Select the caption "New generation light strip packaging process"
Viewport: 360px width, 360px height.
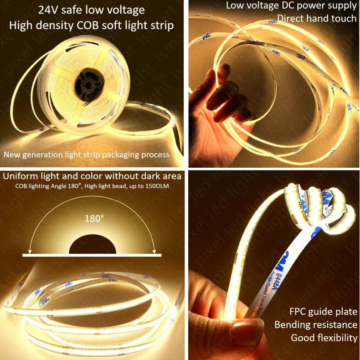87,154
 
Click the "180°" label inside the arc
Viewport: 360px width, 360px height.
94,218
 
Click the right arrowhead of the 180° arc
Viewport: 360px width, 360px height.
155,250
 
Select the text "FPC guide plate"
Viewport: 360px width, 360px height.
323,312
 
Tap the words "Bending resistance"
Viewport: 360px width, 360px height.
315,324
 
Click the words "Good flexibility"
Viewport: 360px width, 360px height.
324,338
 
